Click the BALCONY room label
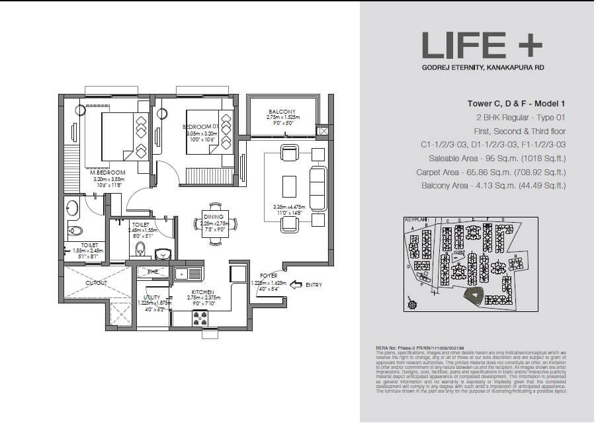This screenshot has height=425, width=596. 282,111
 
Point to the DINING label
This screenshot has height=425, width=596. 214,217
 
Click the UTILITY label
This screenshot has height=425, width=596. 152,298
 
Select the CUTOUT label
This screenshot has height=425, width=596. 97,282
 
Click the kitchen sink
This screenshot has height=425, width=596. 189,272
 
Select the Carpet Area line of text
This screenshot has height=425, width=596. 493,173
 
